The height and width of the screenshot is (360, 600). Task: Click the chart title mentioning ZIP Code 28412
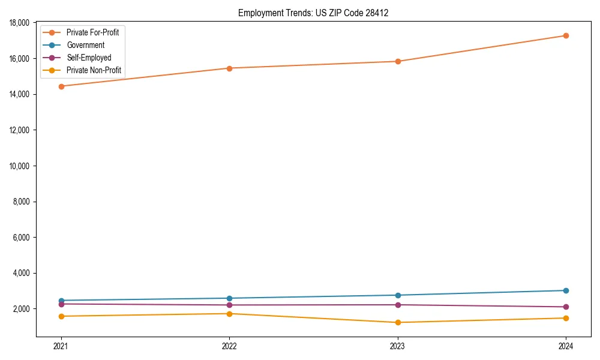pyautogui.click(x=313, y=13)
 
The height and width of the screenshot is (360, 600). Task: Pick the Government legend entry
pyautogui.click(x=85, y=45)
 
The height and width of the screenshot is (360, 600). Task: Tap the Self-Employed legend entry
pyautogui.click(x=89, y=58)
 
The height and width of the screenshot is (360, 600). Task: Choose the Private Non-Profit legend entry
pyautogui.click(x=94, y=70)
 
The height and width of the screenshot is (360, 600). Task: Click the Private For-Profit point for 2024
pyautogui.click(x=566, y=35)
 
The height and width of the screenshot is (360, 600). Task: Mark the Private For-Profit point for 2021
pyautogui.click(x=61, y=86)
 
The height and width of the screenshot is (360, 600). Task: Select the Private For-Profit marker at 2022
pyautogui.click(x=229, y=68)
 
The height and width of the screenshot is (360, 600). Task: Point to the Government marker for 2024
pyautogui.click(x=566, y=290)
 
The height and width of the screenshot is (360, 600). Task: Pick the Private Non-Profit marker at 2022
pyautogui.click(x=229, y=314)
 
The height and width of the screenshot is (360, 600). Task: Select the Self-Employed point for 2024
pyautogui.click(x=566, y=307)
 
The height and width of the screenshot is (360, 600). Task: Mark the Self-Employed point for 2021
pyautogui.click(x=61, y=304)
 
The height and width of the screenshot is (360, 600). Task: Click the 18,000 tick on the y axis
pyautogui.click(x=21, y=23)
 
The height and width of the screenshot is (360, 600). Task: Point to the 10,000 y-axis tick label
pyautogui.click(x=21, y=166)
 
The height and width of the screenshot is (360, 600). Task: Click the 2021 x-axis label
pyautogui.click(x=61, y=346)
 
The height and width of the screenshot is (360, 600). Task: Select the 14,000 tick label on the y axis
pyautogui.click(x=21, y=95)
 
